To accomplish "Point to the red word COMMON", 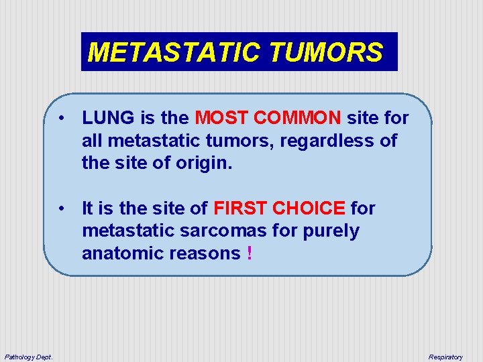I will click(297, 119).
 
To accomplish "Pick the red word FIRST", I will click(240, 208).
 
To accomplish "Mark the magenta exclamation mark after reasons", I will click(250, 253).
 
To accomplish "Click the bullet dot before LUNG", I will click(61, 119).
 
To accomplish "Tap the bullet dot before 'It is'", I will click(61, 208).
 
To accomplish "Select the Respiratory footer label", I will click(445, 357).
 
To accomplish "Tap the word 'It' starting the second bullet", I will click(89, 208).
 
